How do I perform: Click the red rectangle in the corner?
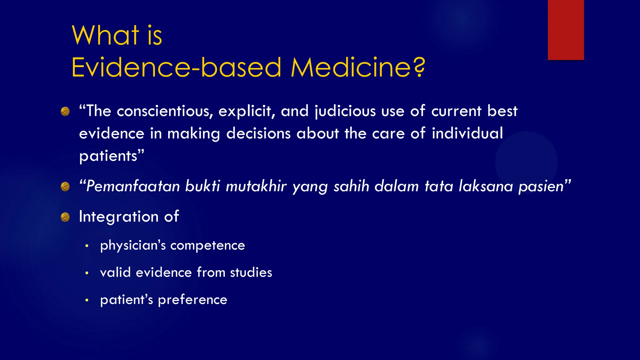[566, 30]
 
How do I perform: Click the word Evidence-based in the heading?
[177, 67]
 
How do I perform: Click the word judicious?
[345, 111]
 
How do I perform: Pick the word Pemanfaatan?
[133, 186]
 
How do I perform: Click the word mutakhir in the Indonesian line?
[256, 186]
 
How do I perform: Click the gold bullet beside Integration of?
[65, 217]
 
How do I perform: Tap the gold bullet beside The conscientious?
[65, 111]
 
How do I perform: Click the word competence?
[207, 245]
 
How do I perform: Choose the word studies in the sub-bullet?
[251, 272]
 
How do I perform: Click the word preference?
[192, 300]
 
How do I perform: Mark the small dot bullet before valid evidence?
[87, 273]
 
